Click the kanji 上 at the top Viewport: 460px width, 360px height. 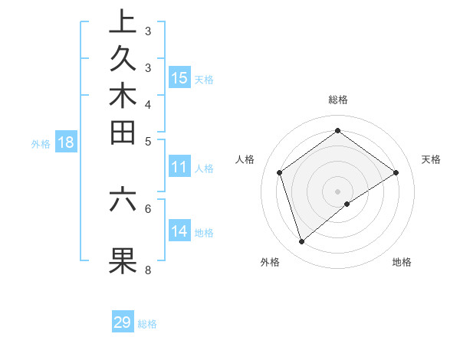[x=123, y=22]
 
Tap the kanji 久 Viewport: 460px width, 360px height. [x=123, y=59]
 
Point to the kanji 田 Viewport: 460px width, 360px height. [x=123, y=133]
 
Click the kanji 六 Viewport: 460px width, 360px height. [x=123, y=198]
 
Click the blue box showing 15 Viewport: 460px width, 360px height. [x=179, y=77]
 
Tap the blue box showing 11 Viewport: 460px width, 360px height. [x=179, y=168]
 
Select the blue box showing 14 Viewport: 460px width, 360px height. [x=179, y=231]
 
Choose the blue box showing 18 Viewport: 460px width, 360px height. [x=66, y=142]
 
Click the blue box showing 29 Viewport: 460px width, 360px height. [x=123, y=322]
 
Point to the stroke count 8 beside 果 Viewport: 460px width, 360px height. [x=148, y=270]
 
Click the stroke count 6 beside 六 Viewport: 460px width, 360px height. [x=148, y=208]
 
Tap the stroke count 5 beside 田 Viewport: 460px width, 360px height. [x=148, y=141]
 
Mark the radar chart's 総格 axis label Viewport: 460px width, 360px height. [x=337, y=100]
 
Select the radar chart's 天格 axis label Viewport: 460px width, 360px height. [x=431, y=159]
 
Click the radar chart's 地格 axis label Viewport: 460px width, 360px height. [x=402, y=262]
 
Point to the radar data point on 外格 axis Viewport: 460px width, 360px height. [x=301, y=242]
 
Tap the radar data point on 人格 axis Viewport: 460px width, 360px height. [x=280, y=172]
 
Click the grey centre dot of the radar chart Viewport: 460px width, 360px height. [x=337, y=191]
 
